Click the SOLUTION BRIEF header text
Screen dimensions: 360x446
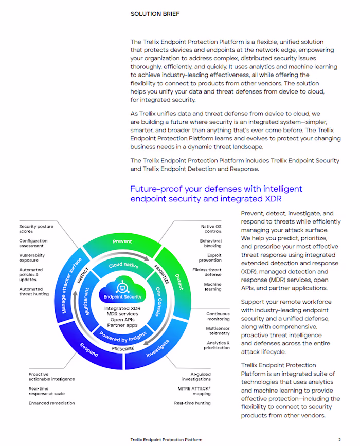(155, 14)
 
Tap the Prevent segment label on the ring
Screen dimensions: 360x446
(122, 241)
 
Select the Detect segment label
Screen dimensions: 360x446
(179, 282)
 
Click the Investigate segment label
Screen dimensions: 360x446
(158, 348)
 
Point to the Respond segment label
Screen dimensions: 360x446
(89, 350)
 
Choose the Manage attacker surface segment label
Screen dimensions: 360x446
(71, 286)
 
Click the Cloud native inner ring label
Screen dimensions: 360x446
(123, 265)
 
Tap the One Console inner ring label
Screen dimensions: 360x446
(158, 302)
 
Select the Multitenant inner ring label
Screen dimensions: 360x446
(87, 302)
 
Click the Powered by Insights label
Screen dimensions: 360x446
(123, 337)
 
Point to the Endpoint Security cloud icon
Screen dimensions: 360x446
(122, 288)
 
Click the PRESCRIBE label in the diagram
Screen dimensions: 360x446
(123, 349)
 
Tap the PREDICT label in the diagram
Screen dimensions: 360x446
(83, 275)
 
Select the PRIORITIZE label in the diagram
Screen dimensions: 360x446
(161, 274)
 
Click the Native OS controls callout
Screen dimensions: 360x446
(211, 229)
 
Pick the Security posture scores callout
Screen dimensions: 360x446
(36, 229)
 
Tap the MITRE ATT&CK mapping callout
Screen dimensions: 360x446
(194, 391)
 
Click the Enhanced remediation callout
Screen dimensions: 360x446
(52, 403)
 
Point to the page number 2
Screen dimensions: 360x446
(339, 440)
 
